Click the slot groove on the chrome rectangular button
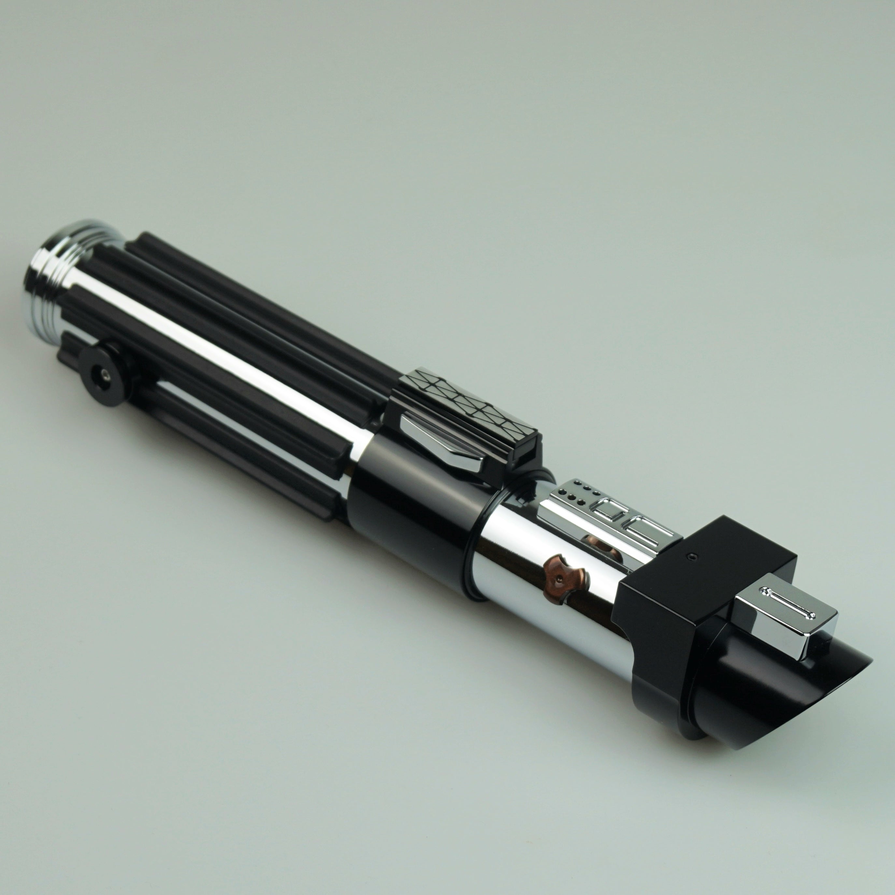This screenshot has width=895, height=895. point(788,602)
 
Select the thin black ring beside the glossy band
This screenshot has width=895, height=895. point(470,547)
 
